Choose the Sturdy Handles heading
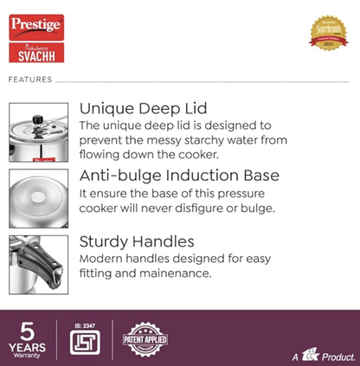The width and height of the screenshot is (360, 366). (x=136, y=242)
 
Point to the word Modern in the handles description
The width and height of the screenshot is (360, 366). (x=103, y=259)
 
